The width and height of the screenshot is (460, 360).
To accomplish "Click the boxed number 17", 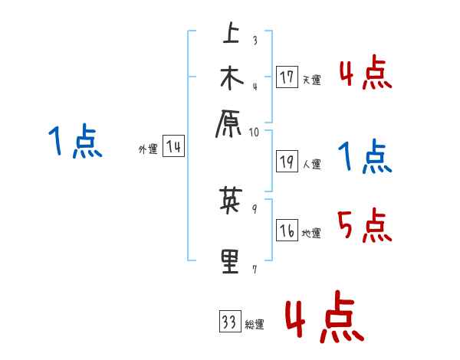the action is point(287,77).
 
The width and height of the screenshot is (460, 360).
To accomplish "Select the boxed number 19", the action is point(287,162).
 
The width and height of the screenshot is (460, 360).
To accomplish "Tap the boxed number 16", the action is point(287,231).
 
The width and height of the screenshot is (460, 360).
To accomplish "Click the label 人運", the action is point(311,164).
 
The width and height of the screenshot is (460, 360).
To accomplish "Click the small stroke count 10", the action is point(255,132).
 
